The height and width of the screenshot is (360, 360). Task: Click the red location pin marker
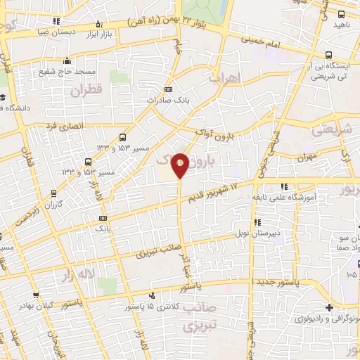click(x=181, y=165)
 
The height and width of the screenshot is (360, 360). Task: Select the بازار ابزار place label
click(x=99, y=33)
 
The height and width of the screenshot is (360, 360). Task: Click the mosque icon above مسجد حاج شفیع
click(x=67, y=60)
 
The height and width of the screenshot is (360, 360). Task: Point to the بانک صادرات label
click(x=167, y=101)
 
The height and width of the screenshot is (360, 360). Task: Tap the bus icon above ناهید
click(x=342, y=14)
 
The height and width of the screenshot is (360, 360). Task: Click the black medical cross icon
click(x=330, y=307)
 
